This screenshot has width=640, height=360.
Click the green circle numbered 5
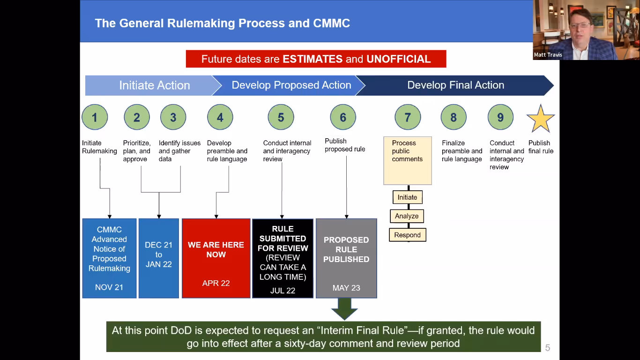click(281, 117)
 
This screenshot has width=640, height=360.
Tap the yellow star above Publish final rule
click(541, 119)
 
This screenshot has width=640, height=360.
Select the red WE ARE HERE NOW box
click(216, 258)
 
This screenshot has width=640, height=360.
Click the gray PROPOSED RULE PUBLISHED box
click(346, 258)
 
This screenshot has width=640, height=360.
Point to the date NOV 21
click(109, 287)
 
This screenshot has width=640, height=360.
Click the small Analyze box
click(407, 216)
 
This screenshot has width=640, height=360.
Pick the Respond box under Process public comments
click(408, 235)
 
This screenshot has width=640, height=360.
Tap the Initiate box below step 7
click(408, 197)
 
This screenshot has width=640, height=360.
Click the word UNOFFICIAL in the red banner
click(399, 59)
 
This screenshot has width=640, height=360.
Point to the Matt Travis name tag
click(548, 55)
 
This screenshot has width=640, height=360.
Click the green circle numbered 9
click(500, 117)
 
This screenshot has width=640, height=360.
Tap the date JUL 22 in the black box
click(283, 291)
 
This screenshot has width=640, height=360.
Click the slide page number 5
click(547, 348)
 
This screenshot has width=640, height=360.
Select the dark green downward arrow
click(344, 309)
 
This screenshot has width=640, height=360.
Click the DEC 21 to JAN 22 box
click(159, 258)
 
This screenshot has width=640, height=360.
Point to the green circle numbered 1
click(95, 117)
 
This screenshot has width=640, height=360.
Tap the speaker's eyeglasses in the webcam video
click(580, 25)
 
